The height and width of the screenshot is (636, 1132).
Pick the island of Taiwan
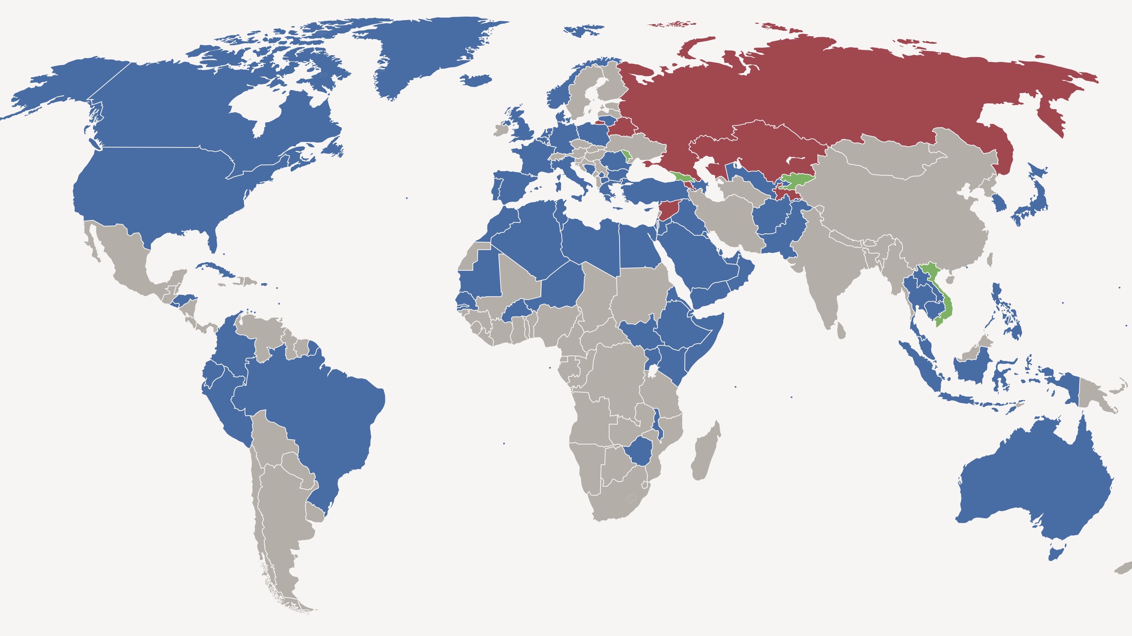pos(990,260)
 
